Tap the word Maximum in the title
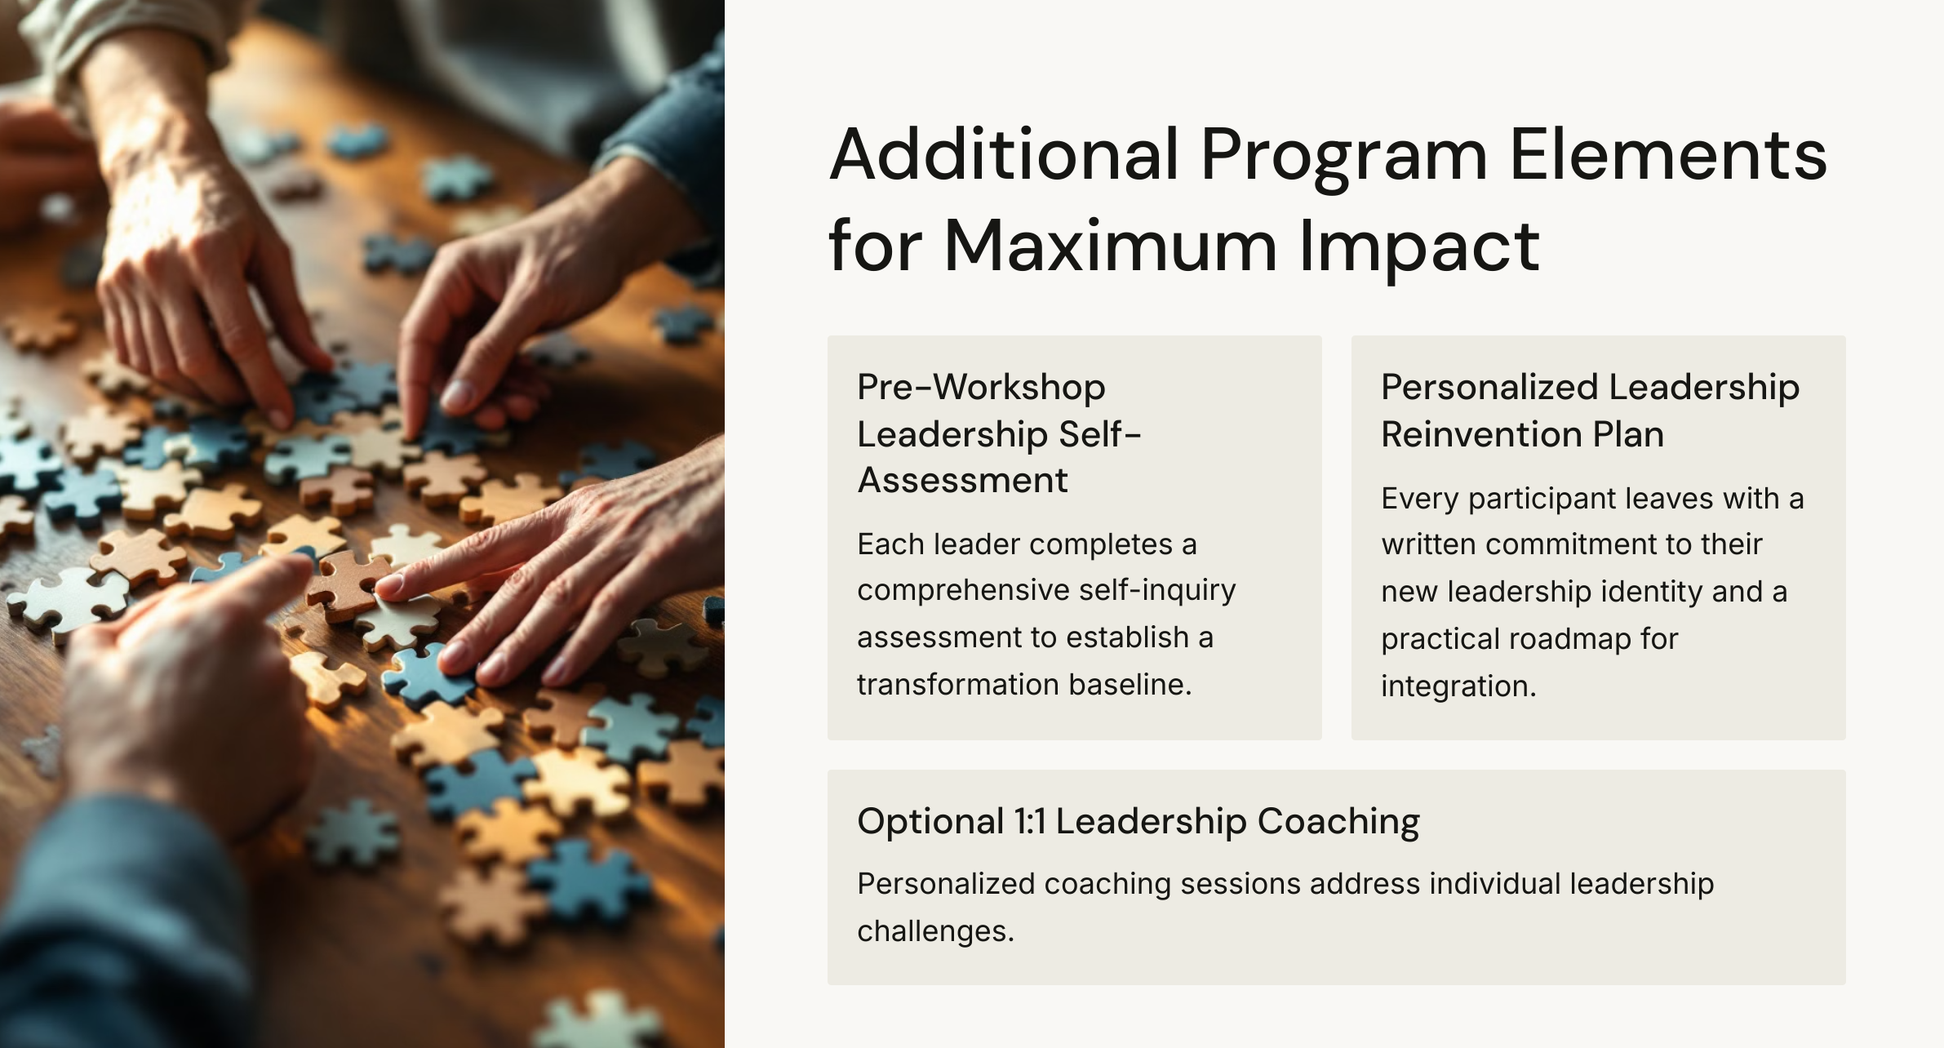(1110, 246)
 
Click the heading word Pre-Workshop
(981, 387)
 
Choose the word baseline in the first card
(1130, 685)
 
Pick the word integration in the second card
(1458, 686)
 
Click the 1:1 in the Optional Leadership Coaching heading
(1030, 821)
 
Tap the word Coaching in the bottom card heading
(1338, 821)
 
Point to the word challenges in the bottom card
(934, 931)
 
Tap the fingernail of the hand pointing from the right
(389, 584)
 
